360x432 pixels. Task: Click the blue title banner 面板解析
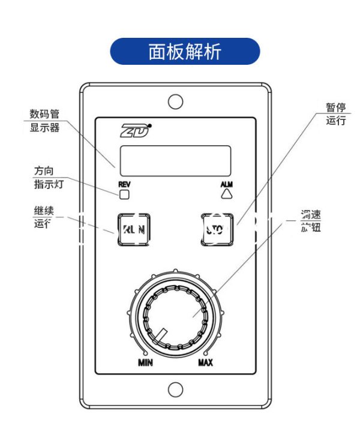185,52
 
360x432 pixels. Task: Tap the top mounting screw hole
175,101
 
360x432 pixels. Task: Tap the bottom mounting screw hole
175,389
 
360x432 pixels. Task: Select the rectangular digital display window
175,160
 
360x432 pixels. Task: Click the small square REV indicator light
124,194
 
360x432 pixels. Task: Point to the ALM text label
226,184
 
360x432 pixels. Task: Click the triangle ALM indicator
226,194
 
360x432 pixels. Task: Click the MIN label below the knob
146,362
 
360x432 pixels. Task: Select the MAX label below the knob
205,362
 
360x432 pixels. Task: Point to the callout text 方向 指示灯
47,178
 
